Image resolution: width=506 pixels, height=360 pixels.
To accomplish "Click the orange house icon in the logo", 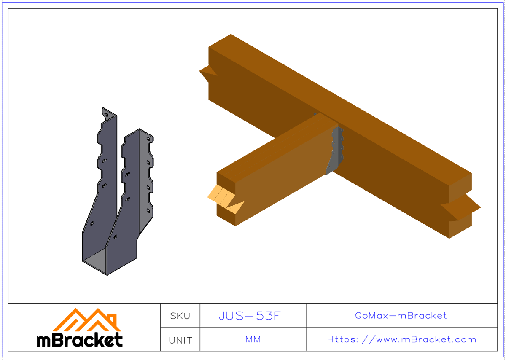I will (87, 320).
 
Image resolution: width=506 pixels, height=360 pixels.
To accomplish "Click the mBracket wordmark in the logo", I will (80, 340).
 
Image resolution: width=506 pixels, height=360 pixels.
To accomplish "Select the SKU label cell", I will (180, 316).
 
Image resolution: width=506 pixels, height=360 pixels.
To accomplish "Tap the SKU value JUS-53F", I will (250, 316).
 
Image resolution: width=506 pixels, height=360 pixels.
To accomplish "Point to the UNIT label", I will (180, 340).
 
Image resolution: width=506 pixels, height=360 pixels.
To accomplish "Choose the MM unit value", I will (253, 339).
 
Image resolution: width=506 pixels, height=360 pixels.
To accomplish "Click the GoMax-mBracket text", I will (401, 315).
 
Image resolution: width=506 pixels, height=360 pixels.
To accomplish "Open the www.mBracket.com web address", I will (401, 339).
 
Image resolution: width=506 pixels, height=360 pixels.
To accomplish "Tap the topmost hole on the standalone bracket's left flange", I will (107, 113).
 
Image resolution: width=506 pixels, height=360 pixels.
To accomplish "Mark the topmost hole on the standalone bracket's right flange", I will (148, 138).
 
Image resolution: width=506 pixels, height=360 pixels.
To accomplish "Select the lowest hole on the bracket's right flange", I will (148, 210).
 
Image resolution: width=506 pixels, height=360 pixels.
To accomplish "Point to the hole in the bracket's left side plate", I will (92, 223).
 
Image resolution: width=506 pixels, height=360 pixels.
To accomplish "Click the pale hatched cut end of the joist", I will (221, 196).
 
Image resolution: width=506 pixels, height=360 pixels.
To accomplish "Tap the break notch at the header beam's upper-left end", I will (207, 74).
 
